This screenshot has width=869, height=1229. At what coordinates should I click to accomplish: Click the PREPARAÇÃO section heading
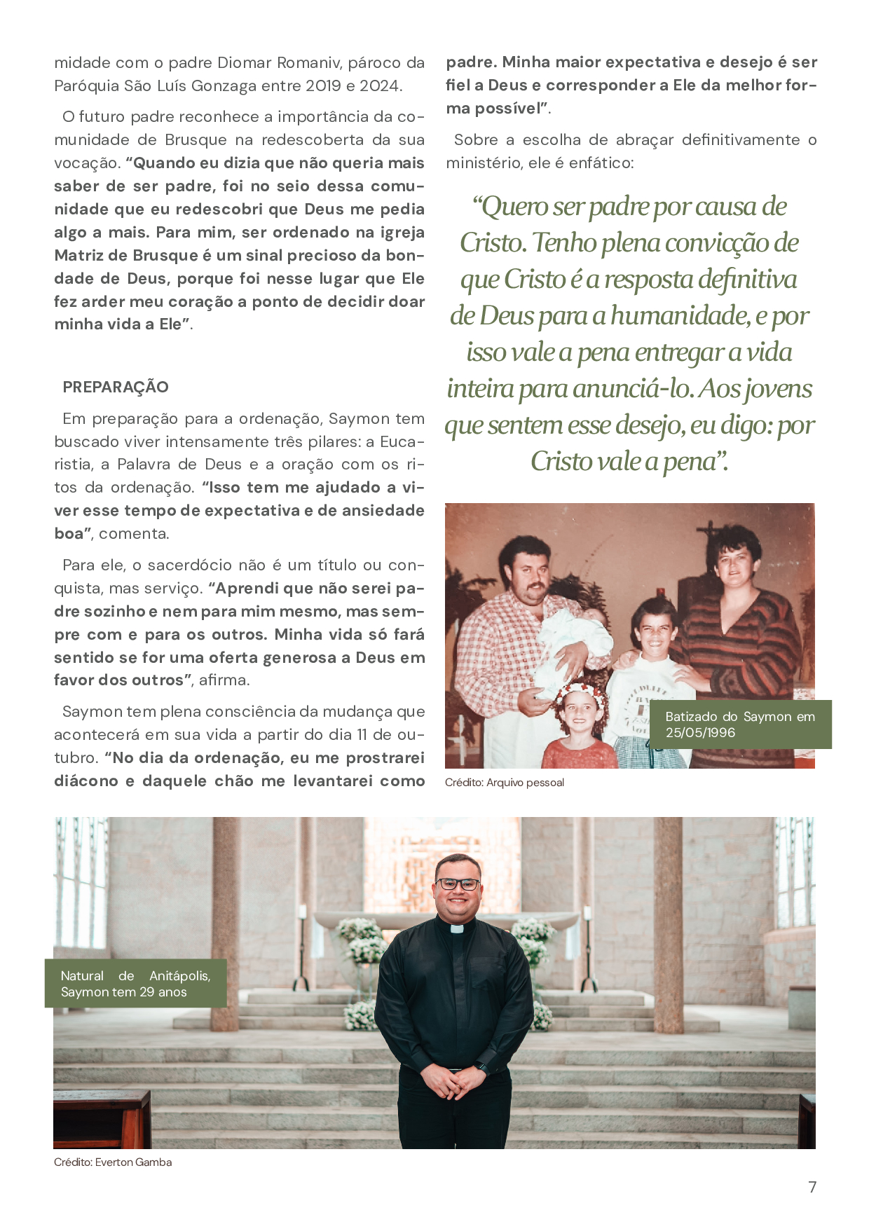[x=116, y=387]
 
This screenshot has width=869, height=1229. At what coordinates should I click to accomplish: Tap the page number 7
[x=812, y=1187]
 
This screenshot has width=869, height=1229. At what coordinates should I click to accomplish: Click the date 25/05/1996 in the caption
[x=700, y=733]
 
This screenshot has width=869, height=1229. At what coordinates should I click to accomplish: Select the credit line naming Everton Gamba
[x=113, y=1162]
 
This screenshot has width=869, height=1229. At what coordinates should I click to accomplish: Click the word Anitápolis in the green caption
[x=179, y=976]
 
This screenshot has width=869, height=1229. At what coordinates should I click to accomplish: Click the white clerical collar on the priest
[x=457, y=929]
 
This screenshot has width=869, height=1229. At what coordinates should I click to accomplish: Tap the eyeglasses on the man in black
[x=457, y=884]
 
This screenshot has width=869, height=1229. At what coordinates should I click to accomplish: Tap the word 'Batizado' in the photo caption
[x=691, y=717]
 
